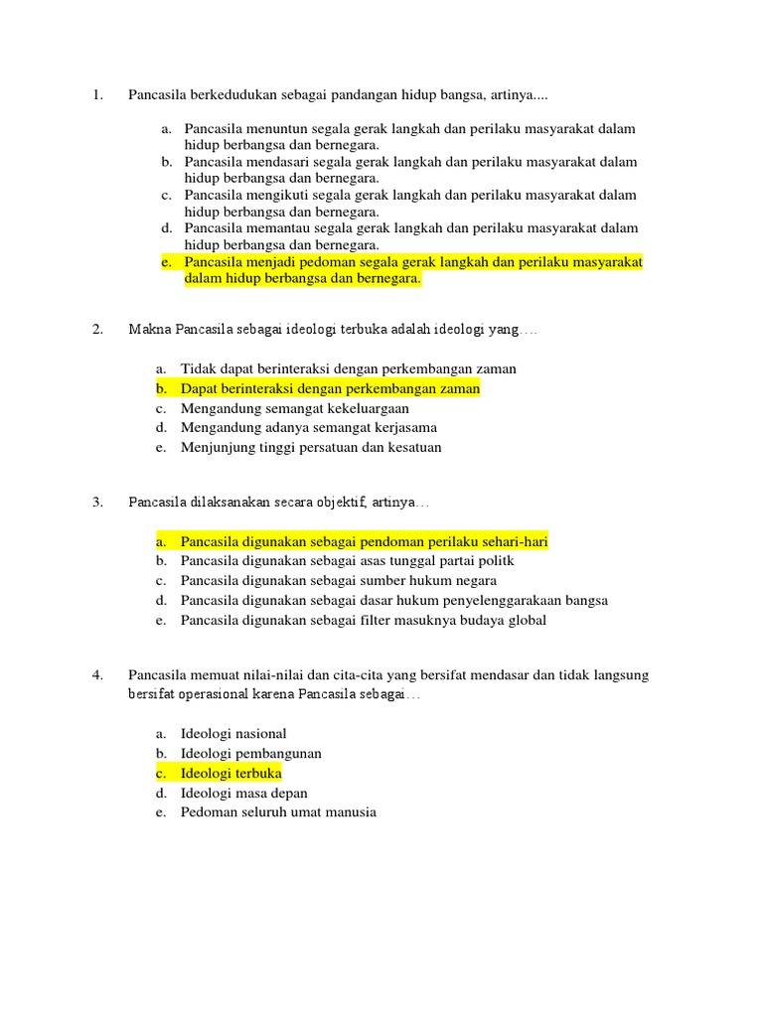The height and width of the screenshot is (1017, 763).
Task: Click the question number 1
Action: (x=97, y=95)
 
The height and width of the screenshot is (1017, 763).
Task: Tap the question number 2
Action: (x=97, y=329)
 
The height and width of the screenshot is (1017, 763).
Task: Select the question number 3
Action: (x=97, y=502)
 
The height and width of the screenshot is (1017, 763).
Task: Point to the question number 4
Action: (x=97, y=675)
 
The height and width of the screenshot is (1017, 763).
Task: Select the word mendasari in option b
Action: (x=282, y=162)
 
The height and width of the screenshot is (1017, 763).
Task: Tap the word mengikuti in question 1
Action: (x=281, y=195)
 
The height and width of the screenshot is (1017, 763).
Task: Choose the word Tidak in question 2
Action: (x=198, y=368)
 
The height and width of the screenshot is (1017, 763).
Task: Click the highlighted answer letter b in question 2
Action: (x=160, y=388)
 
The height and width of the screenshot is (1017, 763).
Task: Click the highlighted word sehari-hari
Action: (x=508, y=541)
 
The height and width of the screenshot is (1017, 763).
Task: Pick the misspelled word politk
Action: (x=495, y=561)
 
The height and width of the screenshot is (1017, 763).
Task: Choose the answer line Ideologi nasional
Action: (x=233, y=734)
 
